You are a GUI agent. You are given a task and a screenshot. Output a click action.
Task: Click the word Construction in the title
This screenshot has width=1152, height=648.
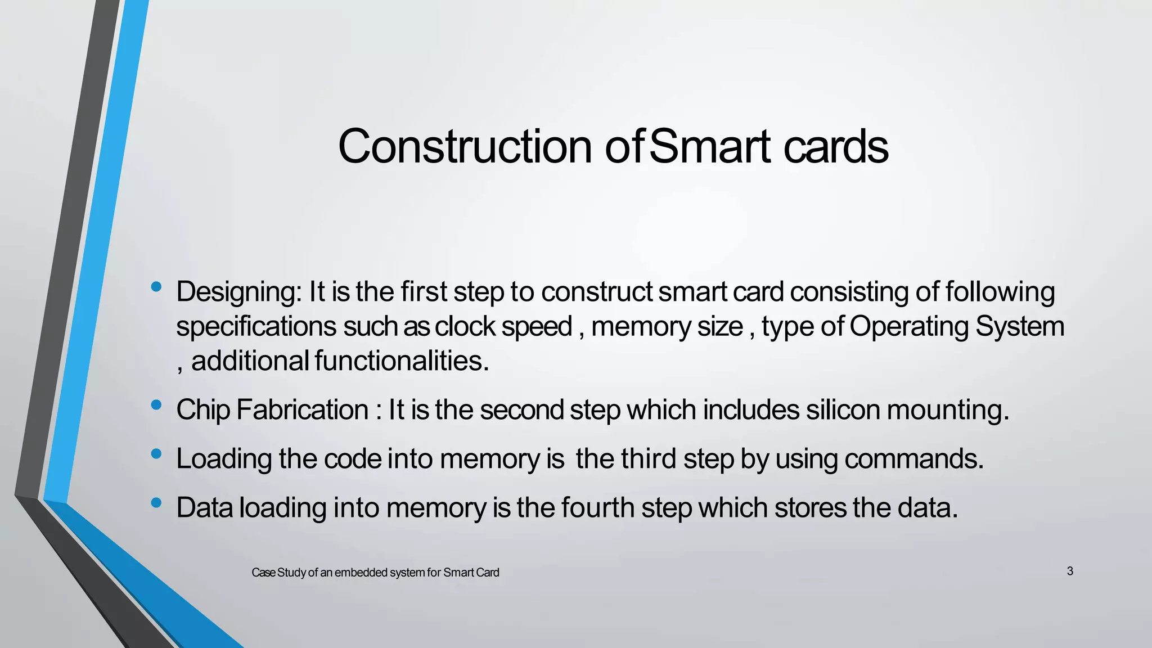465,146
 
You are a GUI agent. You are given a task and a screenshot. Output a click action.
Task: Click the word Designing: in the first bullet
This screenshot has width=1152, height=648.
240,292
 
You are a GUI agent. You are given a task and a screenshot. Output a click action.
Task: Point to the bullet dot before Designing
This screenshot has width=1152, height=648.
156,287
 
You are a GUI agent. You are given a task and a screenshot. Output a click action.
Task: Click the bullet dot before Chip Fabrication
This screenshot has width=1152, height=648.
156,404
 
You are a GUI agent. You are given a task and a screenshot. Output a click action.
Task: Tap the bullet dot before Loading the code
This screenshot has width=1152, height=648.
156,453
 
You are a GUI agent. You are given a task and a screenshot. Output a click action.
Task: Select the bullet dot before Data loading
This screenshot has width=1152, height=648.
156,502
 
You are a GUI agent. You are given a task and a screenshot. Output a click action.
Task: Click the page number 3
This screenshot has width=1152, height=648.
1070,571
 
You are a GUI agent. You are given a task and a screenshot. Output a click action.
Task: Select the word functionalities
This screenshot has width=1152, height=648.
402,361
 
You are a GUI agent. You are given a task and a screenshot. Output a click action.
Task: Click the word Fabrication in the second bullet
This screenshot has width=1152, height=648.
302,409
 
